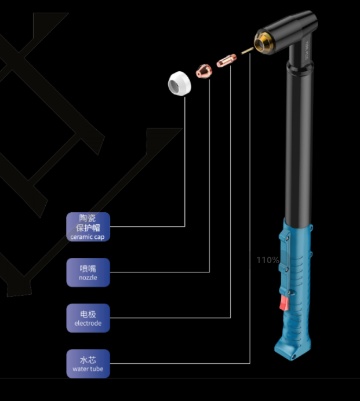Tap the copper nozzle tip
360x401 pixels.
203,70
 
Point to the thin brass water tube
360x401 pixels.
246,52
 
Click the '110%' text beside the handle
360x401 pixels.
268,260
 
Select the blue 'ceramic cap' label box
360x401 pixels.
88,227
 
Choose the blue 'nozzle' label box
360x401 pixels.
88,272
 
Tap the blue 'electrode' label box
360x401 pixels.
88,318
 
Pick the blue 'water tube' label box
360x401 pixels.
88,364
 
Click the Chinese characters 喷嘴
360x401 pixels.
88,268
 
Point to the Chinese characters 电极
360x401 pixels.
88,315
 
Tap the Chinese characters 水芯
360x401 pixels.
88,360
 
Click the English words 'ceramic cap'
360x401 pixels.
88,237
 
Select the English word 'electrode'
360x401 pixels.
88,323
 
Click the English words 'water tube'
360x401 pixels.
88,369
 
